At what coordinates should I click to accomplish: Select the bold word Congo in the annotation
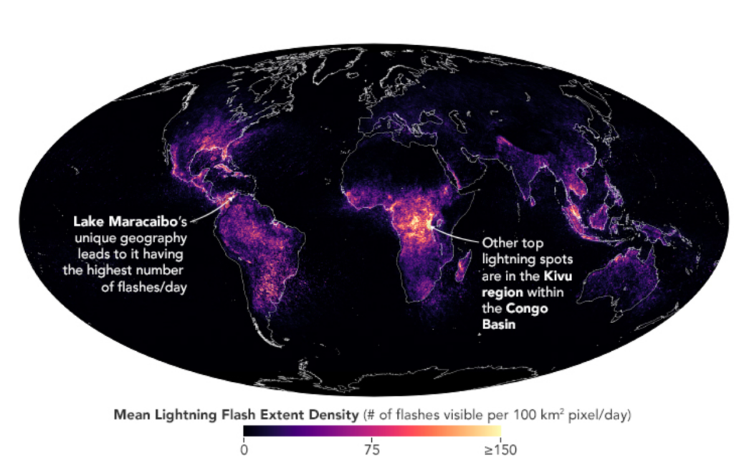click(x=523, y=309)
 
